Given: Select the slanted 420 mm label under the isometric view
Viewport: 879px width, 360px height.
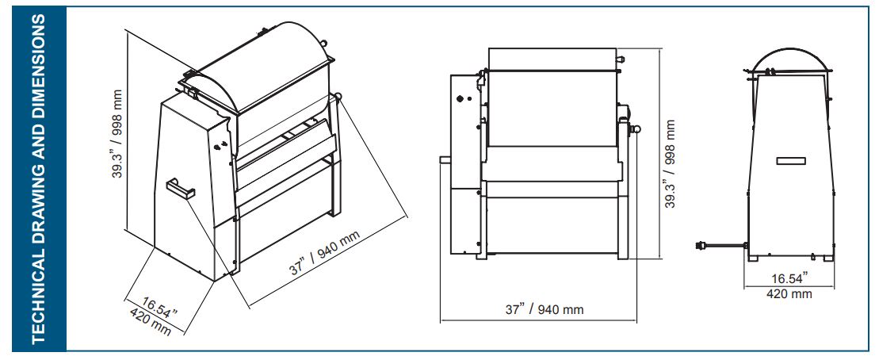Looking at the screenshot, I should pos(150,320).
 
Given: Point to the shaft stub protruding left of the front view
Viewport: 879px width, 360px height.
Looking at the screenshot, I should pos(445,159).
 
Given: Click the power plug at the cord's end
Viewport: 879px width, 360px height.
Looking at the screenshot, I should pos(701,246).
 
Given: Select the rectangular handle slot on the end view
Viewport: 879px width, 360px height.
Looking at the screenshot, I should pos(790,161).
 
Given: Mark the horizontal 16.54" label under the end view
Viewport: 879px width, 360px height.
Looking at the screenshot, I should pos(789,278).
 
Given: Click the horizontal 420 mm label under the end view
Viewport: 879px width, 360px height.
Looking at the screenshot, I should pos(789,294).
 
